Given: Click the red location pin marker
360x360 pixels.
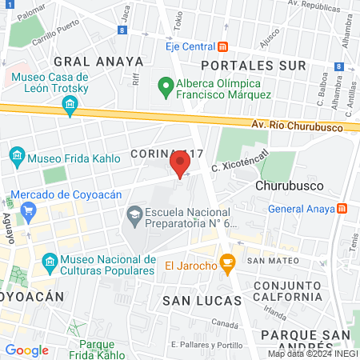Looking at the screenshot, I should click(x=180, y=164).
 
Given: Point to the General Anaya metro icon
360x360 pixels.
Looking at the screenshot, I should click(x=342, y=209).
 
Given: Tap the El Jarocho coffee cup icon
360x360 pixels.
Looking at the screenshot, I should click(x=227, y=262).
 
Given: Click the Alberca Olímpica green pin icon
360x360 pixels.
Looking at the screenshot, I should click(x=166, y=84).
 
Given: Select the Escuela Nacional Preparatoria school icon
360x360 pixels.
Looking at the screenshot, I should click(x=134, y=214).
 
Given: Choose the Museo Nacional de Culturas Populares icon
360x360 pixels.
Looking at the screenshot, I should click(x=49, y=262).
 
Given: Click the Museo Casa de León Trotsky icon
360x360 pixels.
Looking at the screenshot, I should click(x=70, y=105).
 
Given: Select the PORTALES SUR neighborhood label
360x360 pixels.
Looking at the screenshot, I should click(x=254, y=64).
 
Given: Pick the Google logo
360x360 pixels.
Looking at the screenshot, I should click(x=26, y=350).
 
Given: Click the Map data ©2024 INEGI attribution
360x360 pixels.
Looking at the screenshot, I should click(x=312, y=354).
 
